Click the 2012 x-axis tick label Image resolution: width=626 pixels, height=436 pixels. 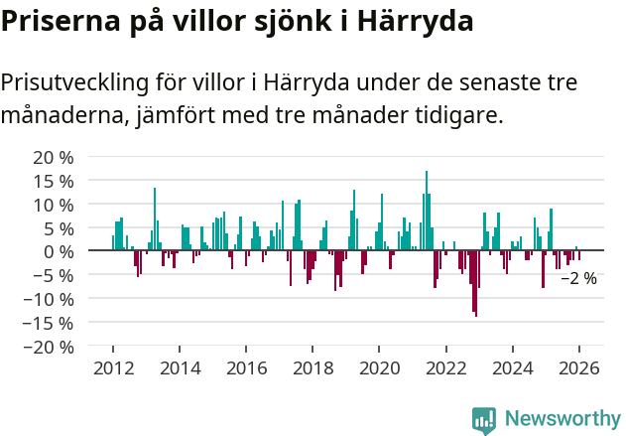pyautogui.click(x=112, y=368)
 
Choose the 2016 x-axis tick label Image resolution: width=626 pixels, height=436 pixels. pyautogui.click(x=246, y=368)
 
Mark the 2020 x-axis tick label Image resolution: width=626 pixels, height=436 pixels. pyautogui.click(x=379, y=368)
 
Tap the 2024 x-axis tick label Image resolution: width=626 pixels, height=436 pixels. pyautogui.click(x=513, y=368)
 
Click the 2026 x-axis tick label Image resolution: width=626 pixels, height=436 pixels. pyautogui.click(x=579, y=368)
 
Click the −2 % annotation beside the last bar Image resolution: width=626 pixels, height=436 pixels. pyautogui.click(x=579, y=279)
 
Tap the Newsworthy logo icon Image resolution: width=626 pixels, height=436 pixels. pyautogui.click(x=484, y=420)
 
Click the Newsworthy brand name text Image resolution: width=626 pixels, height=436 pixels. pyautogui.click(x=563, y=419)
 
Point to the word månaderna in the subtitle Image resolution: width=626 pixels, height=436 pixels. pyautogui.click(x=61, y=116)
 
